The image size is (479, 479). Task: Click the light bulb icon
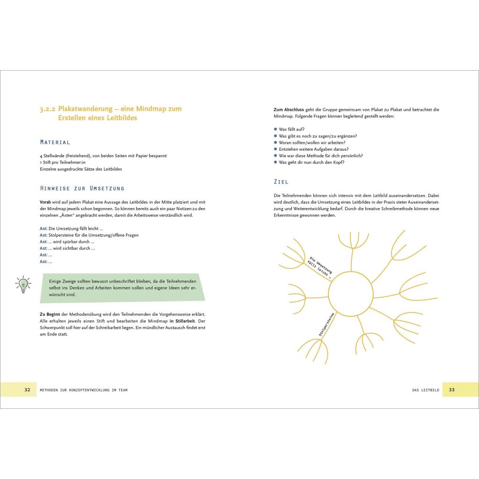click(23, 284)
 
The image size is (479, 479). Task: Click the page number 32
click(27, 390)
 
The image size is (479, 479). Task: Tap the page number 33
click(451, 390)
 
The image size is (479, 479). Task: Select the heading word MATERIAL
click(55, 142)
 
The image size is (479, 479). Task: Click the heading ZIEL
click(281, 181)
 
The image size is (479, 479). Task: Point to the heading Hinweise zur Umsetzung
click(82, 188)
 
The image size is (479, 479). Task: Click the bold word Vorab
click(45, 202)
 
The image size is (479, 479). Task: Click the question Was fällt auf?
click(291, 129)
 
